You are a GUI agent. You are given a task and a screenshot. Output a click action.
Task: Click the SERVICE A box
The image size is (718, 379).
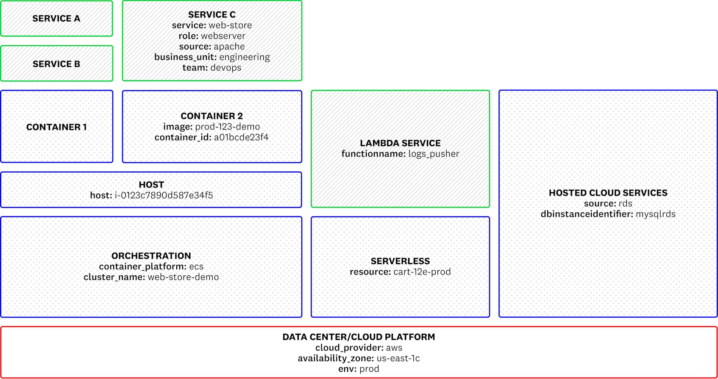[x=56, y=19]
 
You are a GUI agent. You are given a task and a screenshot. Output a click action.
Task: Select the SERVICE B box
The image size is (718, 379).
[x=56, y=64]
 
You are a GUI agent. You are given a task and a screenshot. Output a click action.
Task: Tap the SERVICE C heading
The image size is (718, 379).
[x=212, y=15]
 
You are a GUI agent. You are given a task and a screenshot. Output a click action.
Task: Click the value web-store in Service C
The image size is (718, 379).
[x=230, y=25]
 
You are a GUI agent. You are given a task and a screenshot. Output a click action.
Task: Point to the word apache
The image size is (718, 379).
[x=229, y=47]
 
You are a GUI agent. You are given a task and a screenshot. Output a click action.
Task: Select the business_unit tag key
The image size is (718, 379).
[x=185, y=57]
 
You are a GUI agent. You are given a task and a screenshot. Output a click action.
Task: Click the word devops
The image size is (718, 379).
[x=225, y=68]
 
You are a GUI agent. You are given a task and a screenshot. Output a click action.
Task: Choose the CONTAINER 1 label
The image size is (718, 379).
[x=56, y=127]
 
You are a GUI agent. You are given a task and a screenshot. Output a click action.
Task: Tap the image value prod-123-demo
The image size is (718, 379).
[x=227, y=127]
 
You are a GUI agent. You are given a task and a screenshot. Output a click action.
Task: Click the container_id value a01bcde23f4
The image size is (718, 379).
[x=241, y=137]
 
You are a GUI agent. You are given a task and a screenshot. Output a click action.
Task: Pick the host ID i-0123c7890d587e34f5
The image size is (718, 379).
[x=164, y=195]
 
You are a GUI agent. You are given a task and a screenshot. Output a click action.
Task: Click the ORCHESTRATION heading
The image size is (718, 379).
[x=151, y=256]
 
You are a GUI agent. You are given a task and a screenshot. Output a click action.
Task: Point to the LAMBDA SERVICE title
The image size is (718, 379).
[x=400, y=143]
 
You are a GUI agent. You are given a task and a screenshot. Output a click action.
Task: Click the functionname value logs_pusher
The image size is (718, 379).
[x=434, y=154]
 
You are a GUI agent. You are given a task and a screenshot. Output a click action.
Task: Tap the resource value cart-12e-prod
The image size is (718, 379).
[x=422, y=272]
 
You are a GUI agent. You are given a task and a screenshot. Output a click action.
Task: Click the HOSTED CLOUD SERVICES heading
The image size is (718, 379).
[x=608, y=193]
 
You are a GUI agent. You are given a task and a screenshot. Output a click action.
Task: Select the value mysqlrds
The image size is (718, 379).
[x=655, y=214]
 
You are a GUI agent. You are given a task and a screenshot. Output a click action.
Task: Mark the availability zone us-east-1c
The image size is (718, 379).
[x=398, y=358]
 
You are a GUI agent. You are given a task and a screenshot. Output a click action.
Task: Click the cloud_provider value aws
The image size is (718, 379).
[x=394, y=348]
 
